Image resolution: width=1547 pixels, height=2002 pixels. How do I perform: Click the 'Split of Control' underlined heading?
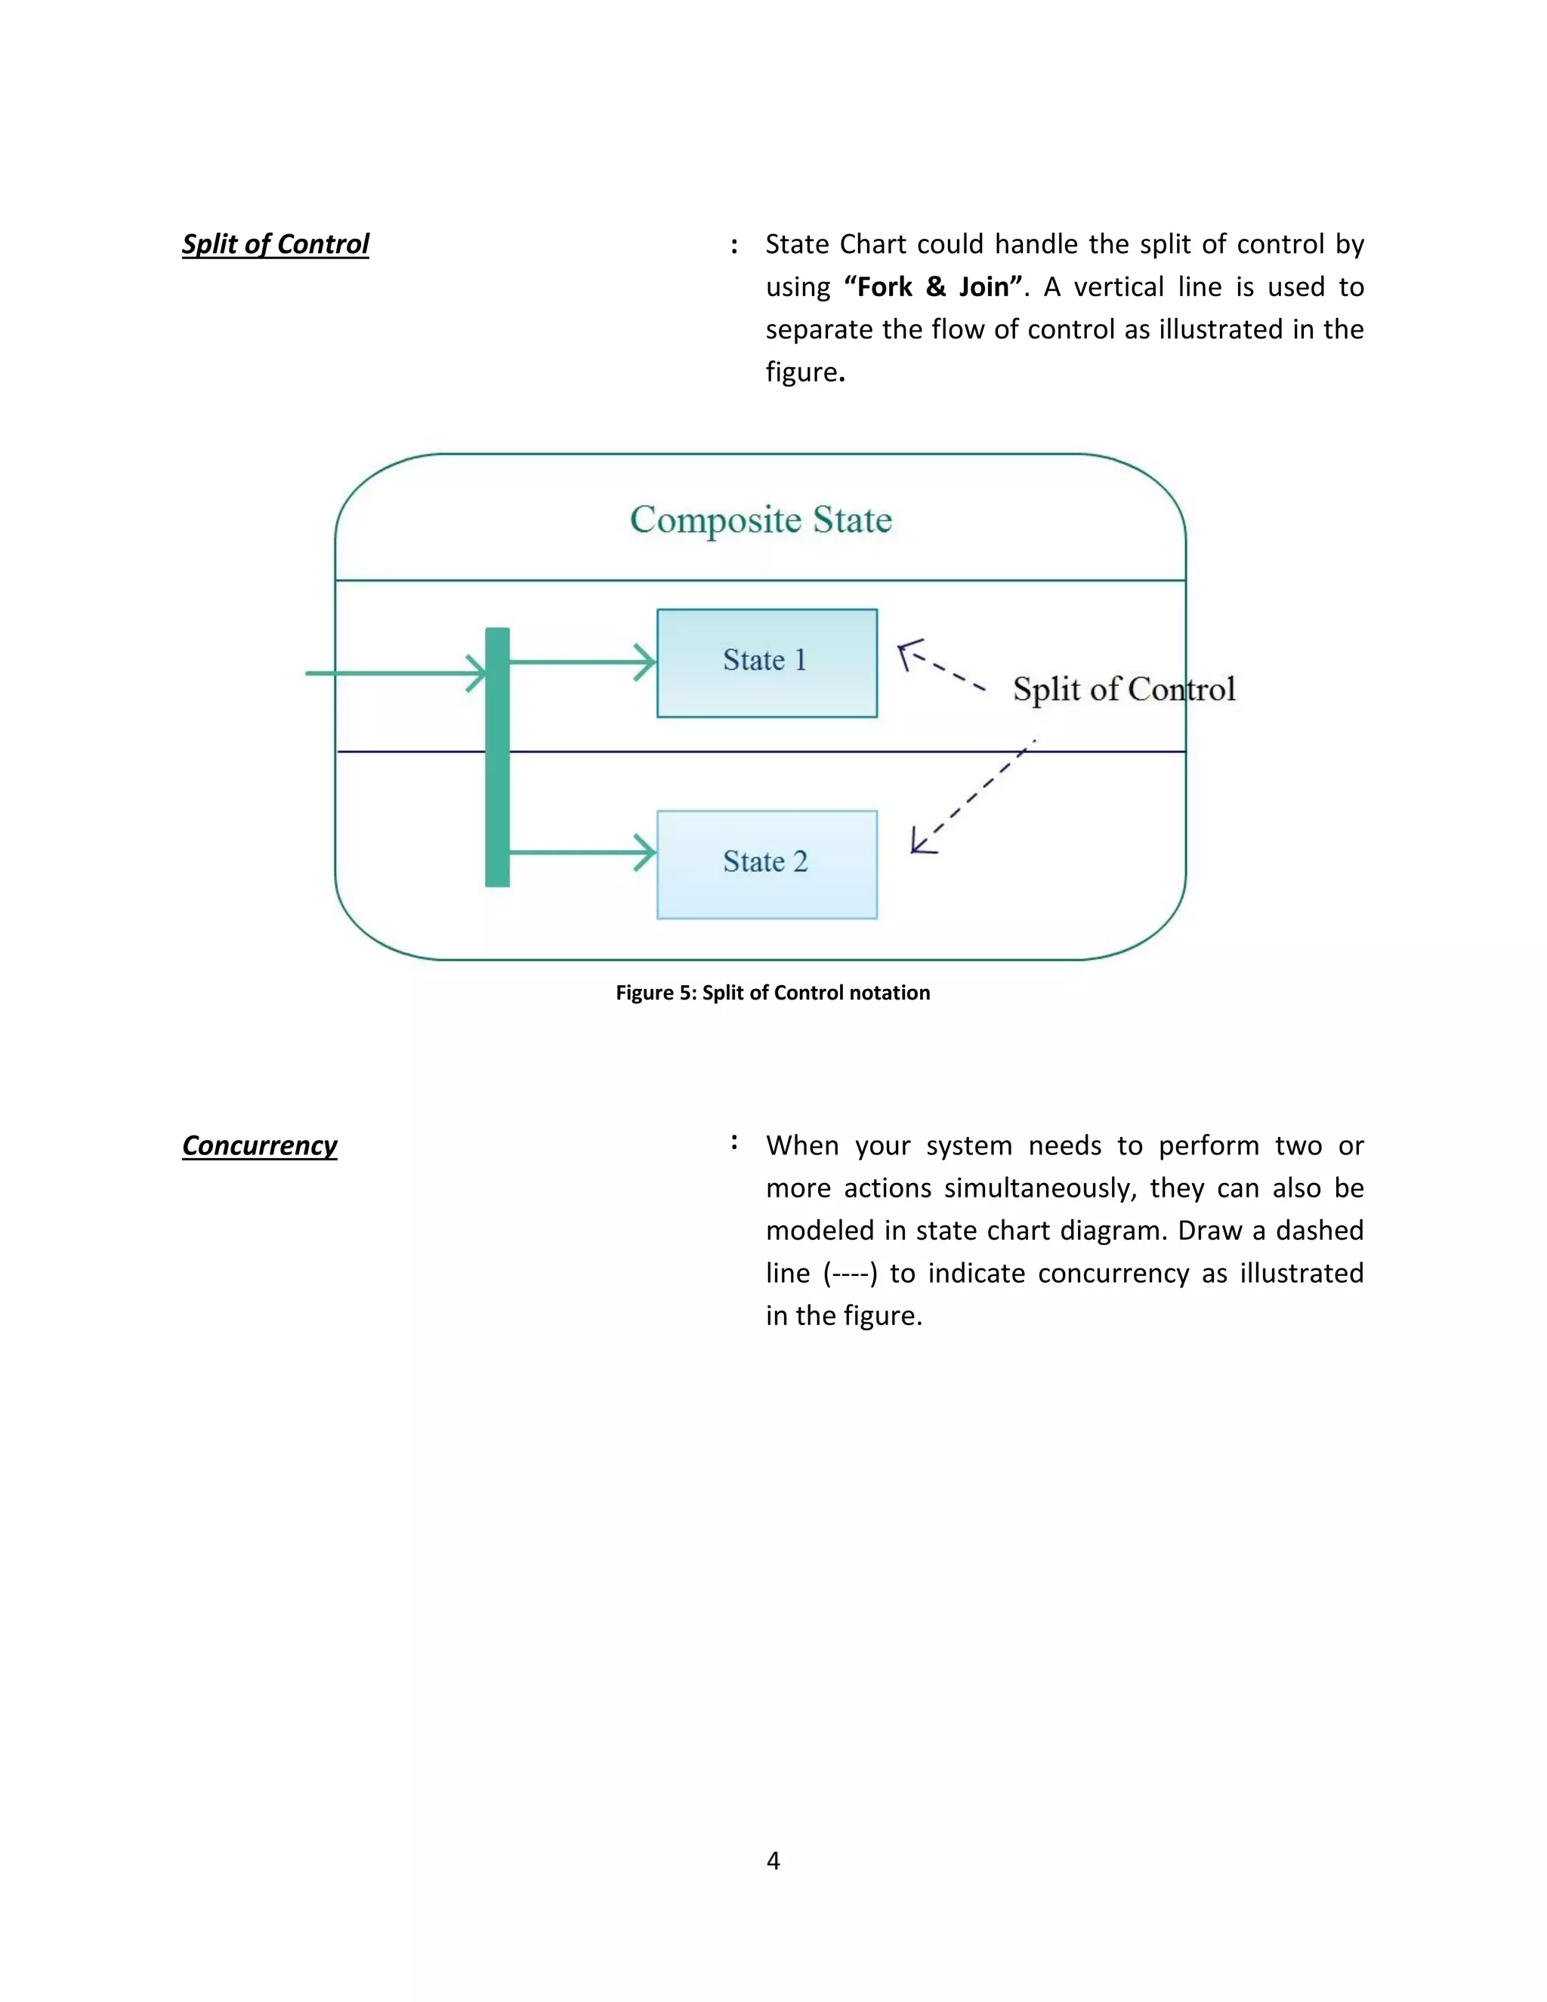click(x=275, y=244)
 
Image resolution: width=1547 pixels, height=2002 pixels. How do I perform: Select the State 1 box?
click(x=766, y=663)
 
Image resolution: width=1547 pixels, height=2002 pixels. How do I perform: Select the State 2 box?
click(x=766, y=864)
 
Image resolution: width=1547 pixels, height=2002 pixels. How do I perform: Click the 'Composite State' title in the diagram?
click(x=761, y=520)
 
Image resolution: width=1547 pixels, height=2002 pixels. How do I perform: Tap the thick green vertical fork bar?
click(x=497, y=757)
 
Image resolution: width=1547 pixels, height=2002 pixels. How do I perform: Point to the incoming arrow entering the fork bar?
click(x=394, y=673)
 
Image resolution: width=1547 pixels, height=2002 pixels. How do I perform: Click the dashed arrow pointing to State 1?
click(x=940, y=666)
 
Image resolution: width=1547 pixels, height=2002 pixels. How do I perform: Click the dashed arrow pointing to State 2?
click(x=971, y=798)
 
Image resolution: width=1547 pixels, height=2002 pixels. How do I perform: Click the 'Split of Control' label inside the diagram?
click(x=1123, y=689)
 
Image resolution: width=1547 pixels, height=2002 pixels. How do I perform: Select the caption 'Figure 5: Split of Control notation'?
click(x=773, y=993)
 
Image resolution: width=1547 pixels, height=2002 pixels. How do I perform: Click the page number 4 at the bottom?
click(x=773, y=1860)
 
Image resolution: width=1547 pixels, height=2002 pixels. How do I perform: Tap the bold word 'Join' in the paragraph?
click(x=983, y=287)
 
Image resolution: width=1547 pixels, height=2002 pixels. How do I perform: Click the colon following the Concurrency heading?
click(x=734, y=1142)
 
